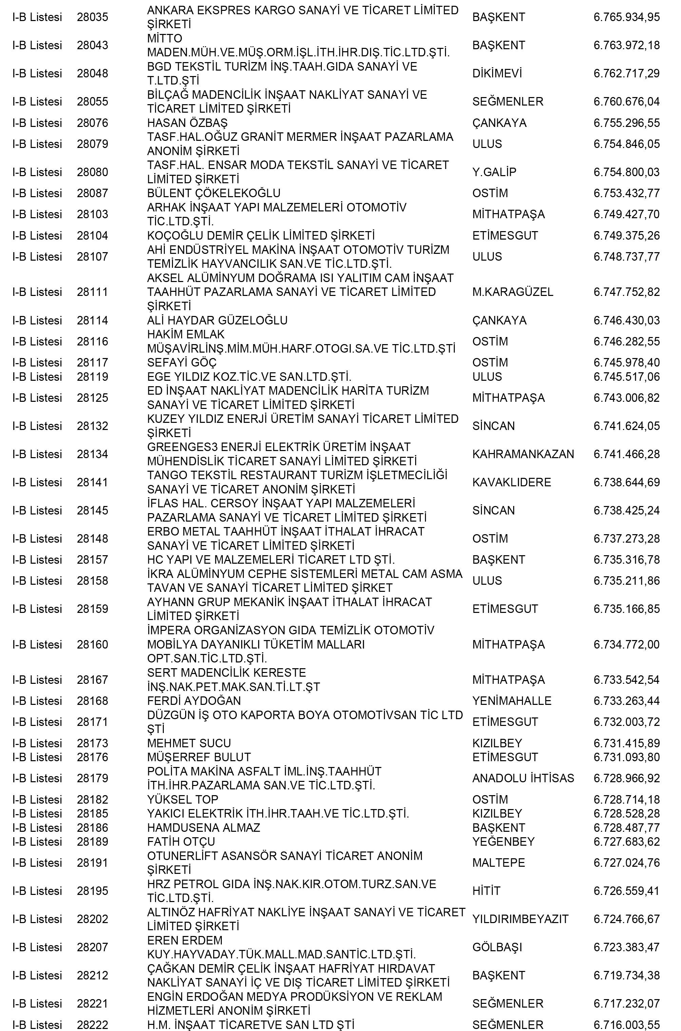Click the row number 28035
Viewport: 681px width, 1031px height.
click(93, 17)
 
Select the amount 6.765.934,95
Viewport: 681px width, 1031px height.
click(626, 17)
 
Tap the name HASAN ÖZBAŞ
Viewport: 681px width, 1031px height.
click(187, 123)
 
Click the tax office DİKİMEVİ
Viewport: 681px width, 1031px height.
click(497, 73)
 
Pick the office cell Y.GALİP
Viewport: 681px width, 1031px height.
click(494, 172)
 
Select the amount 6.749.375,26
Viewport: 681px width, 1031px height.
click(626, 236)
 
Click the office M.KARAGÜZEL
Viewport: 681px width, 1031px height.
click(512, 292)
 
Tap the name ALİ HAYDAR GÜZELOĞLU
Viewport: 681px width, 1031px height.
click(217, 320)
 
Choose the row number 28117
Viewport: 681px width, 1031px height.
click(93, 362)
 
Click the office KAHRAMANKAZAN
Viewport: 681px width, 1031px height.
click(523, 454)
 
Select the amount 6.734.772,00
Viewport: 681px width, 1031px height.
click(626, 644)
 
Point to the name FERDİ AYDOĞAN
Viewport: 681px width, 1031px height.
click(194, 701)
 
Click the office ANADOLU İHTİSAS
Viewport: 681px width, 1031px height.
click(523, 778)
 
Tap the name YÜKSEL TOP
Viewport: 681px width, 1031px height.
click(182, 800)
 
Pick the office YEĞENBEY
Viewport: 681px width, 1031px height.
click(503, 842)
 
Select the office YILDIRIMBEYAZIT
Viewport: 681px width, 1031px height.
click(520, 919)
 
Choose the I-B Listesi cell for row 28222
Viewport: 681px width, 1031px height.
click(37, 1025)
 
